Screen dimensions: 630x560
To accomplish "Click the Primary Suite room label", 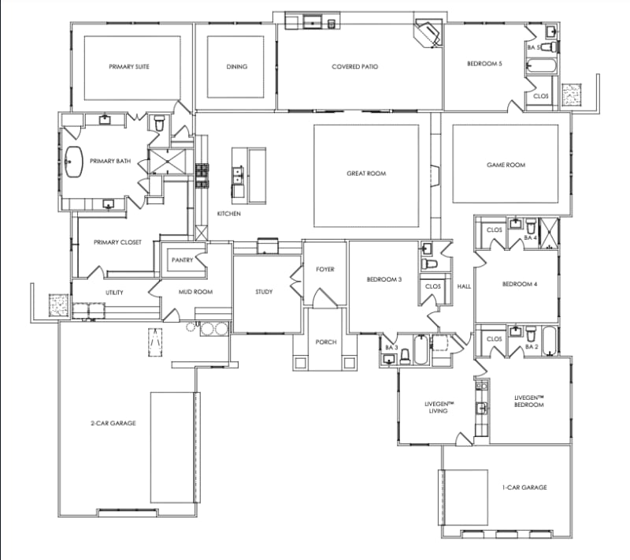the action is (129, 67).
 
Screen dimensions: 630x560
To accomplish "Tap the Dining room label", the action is (237, 67).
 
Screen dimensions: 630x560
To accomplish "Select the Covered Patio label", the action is (355, 67).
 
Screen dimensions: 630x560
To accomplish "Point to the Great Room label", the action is (366, 174).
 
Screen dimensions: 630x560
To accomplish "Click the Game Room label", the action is (506, 165).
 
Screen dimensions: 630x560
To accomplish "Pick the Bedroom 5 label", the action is (484, 64).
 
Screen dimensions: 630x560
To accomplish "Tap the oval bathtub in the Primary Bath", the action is (73, 162).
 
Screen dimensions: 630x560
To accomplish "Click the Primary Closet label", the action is (117, 242).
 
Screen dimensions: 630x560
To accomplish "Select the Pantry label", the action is (183, 259).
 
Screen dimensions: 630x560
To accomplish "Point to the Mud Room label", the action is (195, 292).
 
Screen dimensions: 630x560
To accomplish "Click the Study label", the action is (264, 292).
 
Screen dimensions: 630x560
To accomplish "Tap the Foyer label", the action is (325, 269).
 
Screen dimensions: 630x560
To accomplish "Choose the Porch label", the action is (326, 342).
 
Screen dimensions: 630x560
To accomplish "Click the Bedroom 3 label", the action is (384, 279).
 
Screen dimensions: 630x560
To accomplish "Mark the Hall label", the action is (464, 286).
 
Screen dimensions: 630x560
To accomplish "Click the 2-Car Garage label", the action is (113, 424).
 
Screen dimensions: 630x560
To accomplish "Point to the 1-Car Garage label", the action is (524, 487).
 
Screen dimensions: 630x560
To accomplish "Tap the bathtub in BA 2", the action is (549, 342).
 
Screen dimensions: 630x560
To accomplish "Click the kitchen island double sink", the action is (238, 174).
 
